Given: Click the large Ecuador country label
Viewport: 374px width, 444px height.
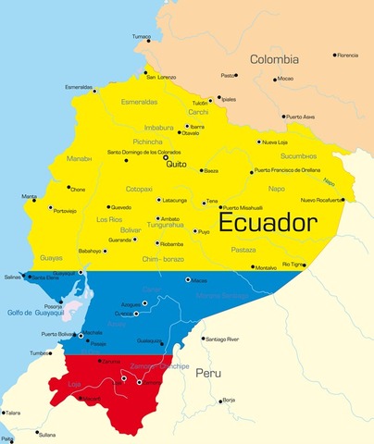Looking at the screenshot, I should (268, 224).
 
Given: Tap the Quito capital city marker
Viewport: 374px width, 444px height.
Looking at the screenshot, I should (167, 158).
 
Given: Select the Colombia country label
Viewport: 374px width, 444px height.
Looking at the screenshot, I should (274, 59).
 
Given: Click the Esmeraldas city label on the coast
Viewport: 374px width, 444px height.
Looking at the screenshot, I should (79, 87).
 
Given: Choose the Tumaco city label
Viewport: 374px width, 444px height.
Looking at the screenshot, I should (141, 36).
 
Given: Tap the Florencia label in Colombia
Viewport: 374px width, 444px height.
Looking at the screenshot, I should (347, 55).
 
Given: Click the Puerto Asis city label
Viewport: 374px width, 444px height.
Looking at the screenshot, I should (299, 117).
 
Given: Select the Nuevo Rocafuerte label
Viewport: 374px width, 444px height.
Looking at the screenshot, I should (321, 200).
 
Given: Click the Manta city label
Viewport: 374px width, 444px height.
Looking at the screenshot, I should (30, 196).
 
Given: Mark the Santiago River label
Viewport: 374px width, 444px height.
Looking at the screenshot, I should (221, 339).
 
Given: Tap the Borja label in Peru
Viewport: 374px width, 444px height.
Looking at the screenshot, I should (228, 400).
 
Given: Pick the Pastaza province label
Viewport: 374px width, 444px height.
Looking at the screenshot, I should (243, 250).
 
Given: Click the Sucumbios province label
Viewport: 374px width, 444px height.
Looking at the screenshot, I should (299, 156).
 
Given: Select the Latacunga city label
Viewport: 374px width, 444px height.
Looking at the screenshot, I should (174, 200).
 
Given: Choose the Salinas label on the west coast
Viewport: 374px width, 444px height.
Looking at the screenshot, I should (12, 277).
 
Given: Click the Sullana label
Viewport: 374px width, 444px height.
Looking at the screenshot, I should (46, 434).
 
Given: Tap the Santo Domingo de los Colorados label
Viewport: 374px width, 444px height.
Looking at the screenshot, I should (143, 152).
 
